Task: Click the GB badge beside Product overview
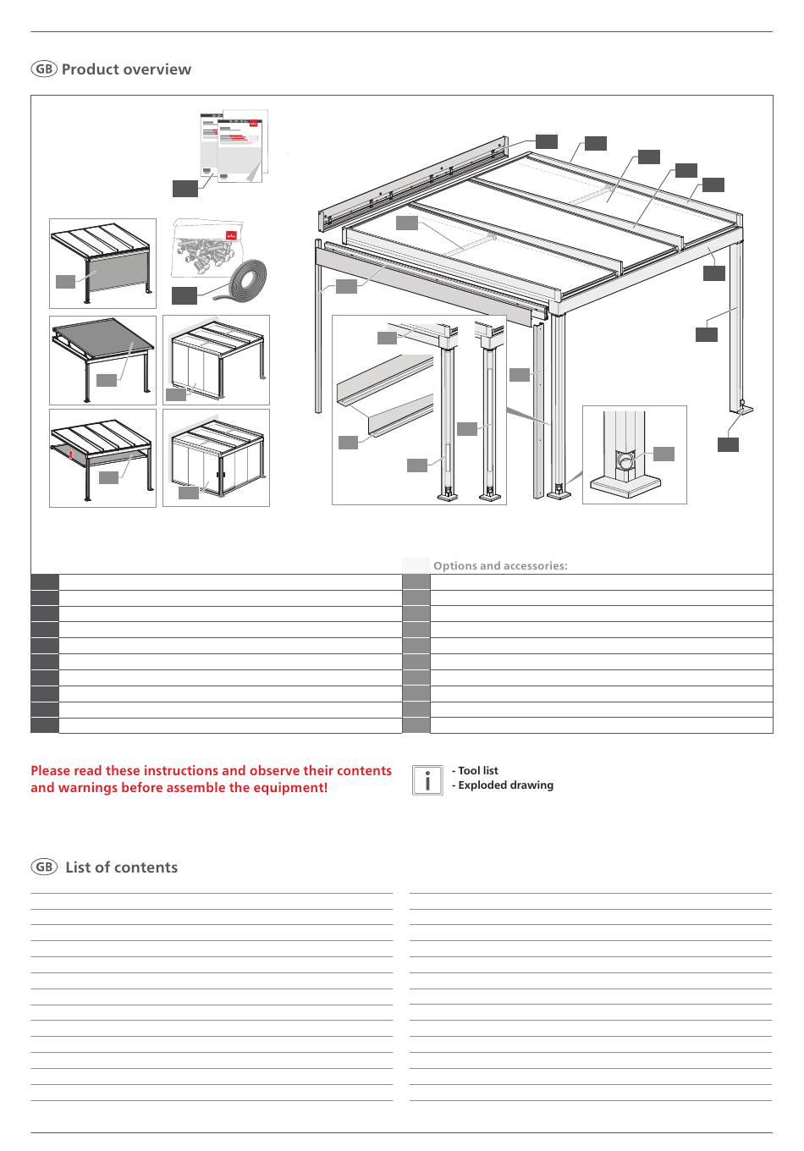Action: pos(44,69)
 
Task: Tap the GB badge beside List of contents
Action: pos(44,867)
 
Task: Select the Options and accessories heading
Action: pos(500,565)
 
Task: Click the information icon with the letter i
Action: pos(427,780)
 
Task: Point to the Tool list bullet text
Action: pos(476,770)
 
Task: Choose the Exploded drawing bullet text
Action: pos(503,785)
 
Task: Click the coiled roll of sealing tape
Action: pos(245,283)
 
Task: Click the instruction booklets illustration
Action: pos(234,146)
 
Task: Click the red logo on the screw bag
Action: pos(232,235)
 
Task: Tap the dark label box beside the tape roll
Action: pos(184,295)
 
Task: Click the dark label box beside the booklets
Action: pos(185,189)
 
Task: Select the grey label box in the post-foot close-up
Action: pos(664,454)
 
